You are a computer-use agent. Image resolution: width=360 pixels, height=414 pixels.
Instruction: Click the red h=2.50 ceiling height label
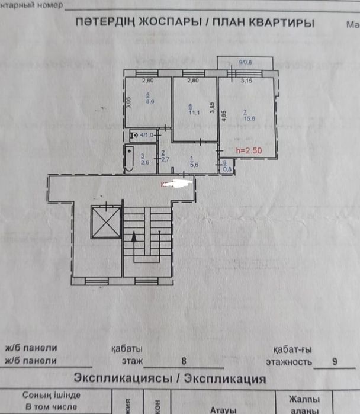(249, 151)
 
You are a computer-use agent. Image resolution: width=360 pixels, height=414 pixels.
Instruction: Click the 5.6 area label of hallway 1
(192, 165)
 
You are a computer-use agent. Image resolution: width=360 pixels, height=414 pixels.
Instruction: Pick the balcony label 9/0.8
(245, 62)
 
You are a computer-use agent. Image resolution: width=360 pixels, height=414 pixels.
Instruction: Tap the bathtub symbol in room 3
(129, 158)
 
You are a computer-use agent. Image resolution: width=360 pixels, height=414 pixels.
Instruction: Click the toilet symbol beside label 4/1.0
(134, 136)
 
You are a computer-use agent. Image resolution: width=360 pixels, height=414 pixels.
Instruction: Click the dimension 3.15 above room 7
(246, 81)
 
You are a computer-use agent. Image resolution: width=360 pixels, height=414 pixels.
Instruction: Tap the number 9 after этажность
(336, 360)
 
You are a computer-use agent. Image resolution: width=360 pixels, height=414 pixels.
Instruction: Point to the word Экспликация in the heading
(226, 378)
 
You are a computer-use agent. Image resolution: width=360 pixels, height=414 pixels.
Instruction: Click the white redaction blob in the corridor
(177, 184)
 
